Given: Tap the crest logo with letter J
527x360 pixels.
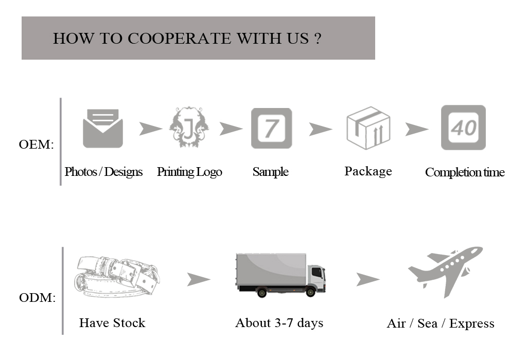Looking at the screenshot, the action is tap(189, 128).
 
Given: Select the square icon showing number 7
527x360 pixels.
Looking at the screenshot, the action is tap(271, 128).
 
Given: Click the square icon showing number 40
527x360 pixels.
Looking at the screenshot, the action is tap(463, 128).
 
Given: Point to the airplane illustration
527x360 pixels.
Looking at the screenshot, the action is tap(446, 271).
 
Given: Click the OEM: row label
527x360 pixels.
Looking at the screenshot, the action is tap(36, 145).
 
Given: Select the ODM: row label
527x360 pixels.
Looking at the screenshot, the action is tap(37, 298).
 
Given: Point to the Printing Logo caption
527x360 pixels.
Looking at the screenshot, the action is tap(189, 172).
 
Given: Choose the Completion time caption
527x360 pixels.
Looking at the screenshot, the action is tap(465, 172).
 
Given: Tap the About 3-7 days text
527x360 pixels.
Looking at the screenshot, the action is tap(279, 323).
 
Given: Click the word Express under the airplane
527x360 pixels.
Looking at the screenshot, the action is tap(471, 323).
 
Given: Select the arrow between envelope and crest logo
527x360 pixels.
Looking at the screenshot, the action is tap(150, 129).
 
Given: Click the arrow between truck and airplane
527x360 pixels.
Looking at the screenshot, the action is tap(367, 280).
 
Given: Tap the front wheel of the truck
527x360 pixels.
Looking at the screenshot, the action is tap(310, 292).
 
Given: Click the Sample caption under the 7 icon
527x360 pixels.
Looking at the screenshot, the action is tap(270, 172).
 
